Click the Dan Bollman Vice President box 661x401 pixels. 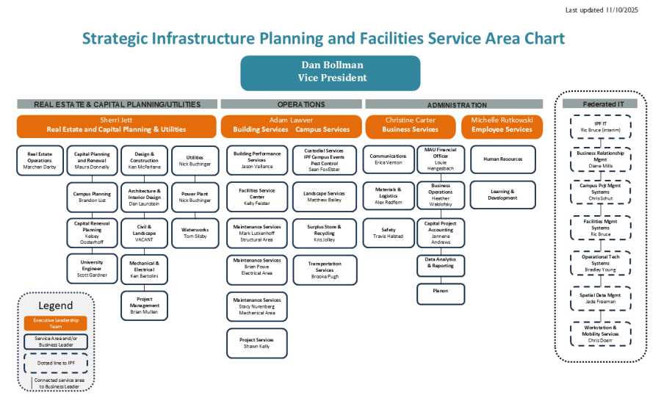330,72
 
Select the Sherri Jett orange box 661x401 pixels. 117,126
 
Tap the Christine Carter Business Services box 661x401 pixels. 411,126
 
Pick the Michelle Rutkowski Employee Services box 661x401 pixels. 502,126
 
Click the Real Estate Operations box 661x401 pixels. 40,160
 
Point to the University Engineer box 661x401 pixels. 92,268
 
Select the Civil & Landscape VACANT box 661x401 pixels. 144,232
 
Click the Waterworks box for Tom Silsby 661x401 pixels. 195,233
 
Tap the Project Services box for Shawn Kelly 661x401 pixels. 256,343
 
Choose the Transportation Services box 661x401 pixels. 325,270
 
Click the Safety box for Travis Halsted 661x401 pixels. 389,233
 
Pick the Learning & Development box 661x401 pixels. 502,195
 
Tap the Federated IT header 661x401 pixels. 603,104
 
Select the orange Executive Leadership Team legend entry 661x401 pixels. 56,322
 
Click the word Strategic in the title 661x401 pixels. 116,39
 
